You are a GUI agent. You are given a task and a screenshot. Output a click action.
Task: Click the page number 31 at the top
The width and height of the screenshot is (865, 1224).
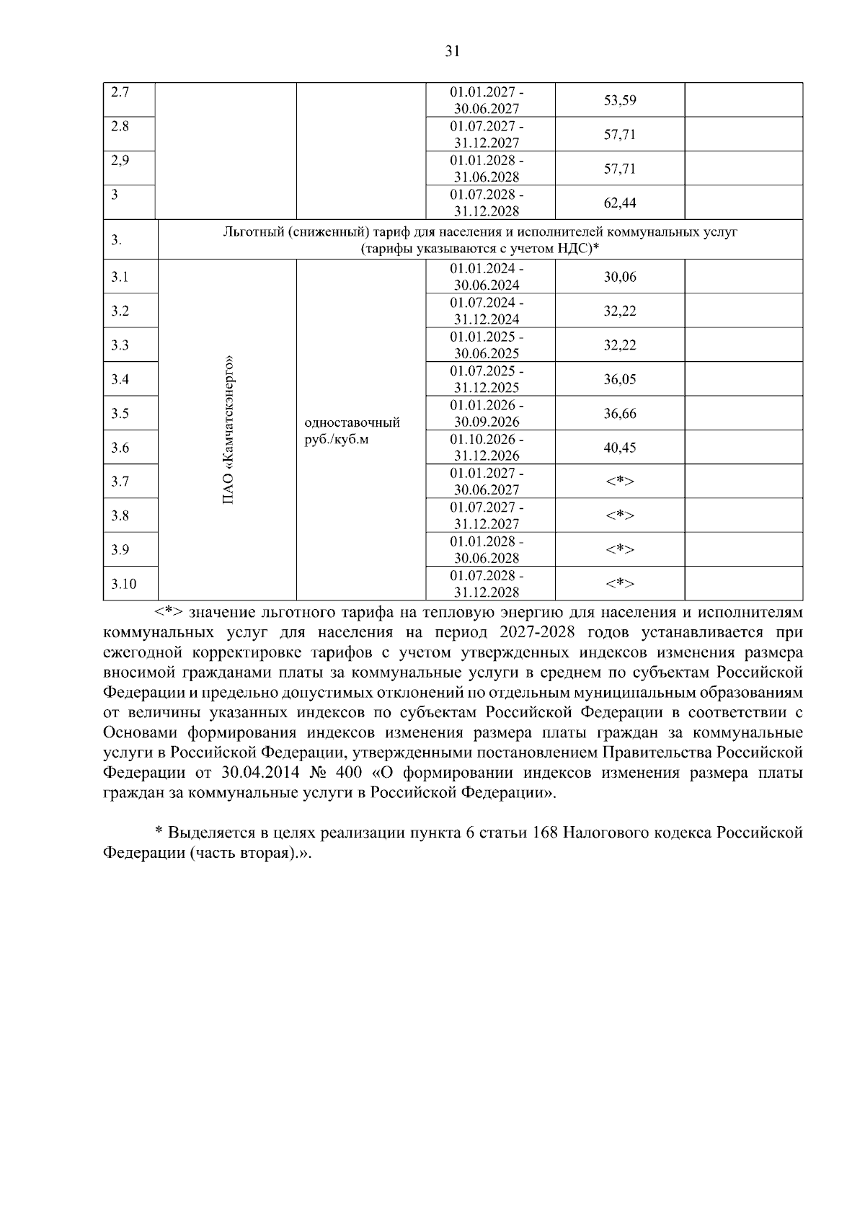(452, 51)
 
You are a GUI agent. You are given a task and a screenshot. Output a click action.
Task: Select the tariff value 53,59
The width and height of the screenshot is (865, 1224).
(619, 100)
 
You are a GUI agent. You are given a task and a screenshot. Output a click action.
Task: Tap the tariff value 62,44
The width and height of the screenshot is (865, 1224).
(619, 203)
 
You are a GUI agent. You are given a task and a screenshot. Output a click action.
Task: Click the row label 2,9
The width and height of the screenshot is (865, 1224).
(120, 161)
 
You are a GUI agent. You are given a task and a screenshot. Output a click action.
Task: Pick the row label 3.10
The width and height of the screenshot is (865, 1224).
(123, 584)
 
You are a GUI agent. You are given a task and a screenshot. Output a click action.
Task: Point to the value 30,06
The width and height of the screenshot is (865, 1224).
(619, 277)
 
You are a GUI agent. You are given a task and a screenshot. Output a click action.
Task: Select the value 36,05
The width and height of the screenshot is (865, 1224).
(619, 380)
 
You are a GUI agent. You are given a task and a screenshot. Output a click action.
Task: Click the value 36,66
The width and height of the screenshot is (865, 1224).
(619, 414)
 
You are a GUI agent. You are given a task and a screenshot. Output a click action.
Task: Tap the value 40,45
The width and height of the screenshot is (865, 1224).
(619, 448)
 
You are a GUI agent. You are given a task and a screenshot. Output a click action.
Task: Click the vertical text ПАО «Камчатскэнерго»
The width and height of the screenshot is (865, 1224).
(229, 430)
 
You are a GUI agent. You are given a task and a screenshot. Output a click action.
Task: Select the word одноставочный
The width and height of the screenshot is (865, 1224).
(352, 422)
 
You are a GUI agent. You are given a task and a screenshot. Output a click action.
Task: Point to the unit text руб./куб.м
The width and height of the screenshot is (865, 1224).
(337, 440)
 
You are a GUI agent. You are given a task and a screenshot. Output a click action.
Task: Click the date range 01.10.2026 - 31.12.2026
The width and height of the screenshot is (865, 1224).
(487, 448)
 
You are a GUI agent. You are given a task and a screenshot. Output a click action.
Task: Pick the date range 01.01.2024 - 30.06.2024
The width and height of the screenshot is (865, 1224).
(487, 277)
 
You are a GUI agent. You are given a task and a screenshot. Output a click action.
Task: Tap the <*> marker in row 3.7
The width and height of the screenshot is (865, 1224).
(619, 482)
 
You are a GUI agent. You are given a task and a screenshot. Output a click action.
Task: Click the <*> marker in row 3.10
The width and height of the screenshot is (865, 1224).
(619, 584)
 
